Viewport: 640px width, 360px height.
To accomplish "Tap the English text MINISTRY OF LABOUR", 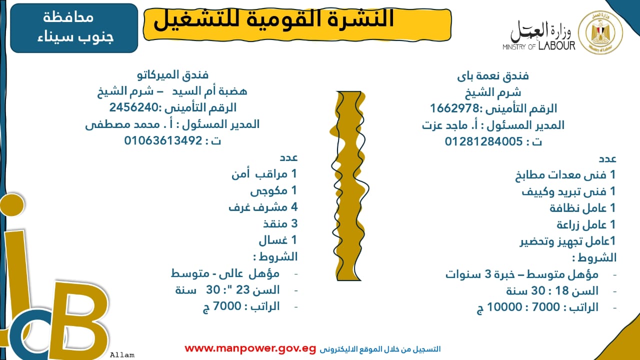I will coord(539,46).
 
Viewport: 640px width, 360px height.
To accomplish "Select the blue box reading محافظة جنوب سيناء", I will coord(74,28).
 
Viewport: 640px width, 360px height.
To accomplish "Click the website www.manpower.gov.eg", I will coord(250,348).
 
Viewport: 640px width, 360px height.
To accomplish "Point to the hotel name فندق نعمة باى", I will coord(493,76).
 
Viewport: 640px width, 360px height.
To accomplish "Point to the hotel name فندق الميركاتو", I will coord(173,75).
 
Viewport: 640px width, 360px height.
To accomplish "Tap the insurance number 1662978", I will coord(454,108).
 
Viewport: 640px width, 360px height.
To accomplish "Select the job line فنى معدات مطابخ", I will coord(565,175).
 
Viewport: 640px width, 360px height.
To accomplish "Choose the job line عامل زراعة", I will coord(586,224).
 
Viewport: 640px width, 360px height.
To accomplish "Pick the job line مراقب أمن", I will coord(264,174).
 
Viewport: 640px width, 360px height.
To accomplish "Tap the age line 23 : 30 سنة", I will coord(227,289).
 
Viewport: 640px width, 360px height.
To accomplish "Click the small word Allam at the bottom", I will coord(122,355).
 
